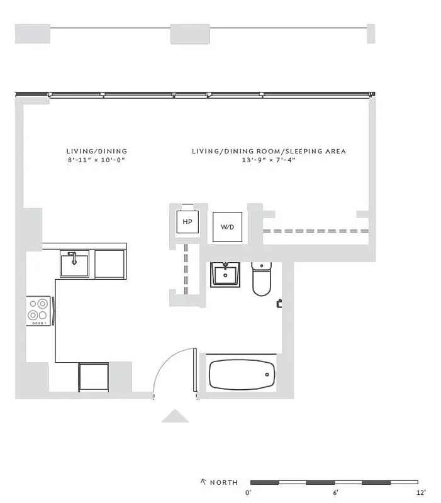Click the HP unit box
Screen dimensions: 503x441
187,222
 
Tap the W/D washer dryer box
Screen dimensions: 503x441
227,226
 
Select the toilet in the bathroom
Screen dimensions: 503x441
261,280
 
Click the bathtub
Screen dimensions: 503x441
242,375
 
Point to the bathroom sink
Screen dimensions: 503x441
225,274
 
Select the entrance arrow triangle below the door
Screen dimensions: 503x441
176,416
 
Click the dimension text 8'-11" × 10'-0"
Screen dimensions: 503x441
97,160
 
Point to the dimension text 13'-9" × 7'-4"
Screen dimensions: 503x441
269,160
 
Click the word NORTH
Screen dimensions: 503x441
225,483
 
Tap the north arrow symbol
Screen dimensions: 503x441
203,482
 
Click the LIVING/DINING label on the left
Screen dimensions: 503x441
97,152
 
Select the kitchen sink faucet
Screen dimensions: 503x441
74,257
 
